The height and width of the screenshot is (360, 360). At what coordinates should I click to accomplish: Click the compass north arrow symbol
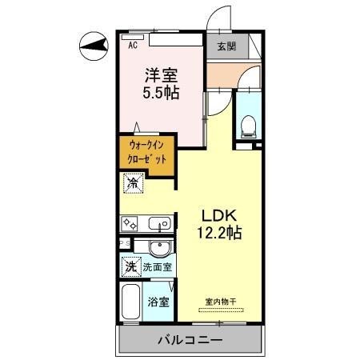[94, 46]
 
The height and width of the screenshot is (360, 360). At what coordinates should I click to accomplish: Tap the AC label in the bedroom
[132, 46]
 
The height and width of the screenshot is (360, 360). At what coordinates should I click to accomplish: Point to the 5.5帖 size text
[161, 92]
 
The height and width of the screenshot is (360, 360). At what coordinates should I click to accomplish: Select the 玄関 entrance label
[226, 47]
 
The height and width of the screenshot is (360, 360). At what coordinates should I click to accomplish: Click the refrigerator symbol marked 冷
[131, 183]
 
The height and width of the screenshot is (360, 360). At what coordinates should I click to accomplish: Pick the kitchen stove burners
[131, 222]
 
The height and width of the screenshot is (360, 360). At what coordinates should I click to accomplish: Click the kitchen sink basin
[156, 222]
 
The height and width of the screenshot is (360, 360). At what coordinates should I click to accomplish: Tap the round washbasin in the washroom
[158, 246]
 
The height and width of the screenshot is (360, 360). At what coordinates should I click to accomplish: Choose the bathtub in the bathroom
[132, 304]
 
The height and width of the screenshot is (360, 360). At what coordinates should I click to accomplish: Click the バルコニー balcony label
[191, 339]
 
